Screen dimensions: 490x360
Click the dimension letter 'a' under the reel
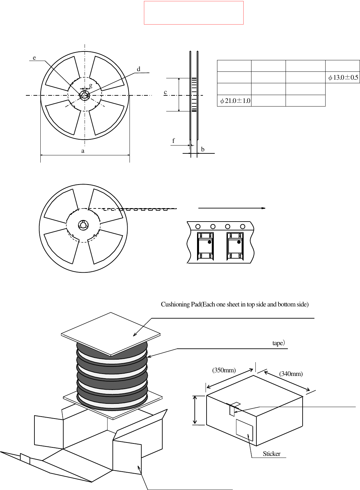(83, 151)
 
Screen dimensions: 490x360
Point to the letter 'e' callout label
(34, 58)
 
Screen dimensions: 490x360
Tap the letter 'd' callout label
(138, 69)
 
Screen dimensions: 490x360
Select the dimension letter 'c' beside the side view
(165, 92)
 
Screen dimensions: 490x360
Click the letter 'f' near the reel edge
(173, 141)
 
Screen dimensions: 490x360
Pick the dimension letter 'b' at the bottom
(203, 149)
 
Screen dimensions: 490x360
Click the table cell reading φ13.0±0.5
(343, 78)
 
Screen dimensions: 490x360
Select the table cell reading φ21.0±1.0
(235, 101)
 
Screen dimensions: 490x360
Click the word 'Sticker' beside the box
(271, 454)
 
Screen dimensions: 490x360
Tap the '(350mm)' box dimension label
(224, 370)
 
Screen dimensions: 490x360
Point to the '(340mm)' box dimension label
(291, 374)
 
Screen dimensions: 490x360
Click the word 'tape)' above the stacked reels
(278, 343)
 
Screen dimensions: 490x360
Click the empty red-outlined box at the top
(193, 13)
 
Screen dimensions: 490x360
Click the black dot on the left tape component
(210, 242)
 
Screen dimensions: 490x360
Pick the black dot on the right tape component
(239, 242)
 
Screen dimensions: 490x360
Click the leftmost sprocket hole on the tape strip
(198, 226)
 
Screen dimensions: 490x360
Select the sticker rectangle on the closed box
(244, 430)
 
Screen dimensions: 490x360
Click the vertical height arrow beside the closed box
(195, 410)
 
